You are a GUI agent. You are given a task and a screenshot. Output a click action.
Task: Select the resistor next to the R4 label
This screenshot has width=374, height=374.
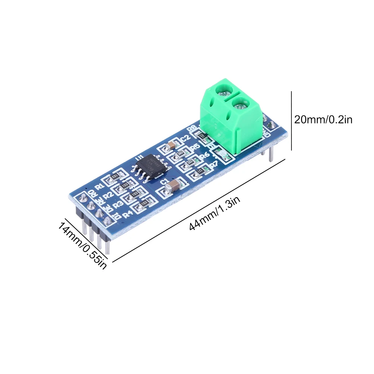click(x=144, y=204)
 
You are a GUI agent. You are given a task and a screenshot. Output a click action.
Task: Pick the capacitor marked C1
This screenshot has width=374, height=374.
click(x=172, y=186)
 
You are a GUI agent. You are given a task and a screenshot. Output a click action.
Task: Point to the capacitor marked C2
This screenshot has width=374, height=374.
click(x=171, y=145)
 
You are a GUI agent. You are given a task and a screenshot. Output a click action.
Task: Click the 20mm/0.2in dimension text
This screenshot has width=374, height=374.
click(x=323, y=120)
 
